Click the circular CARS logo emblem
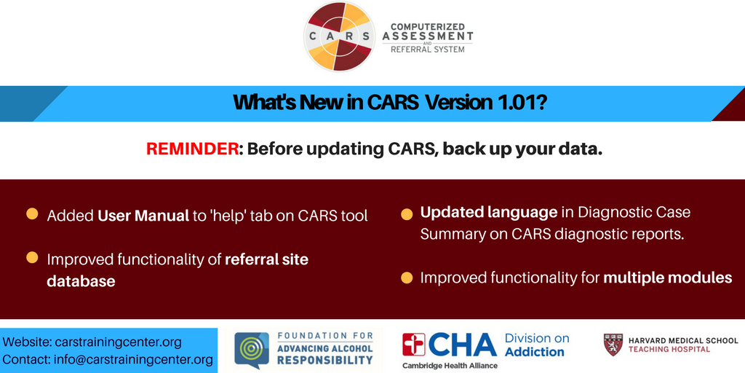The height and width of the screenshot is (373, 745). click(x=339, y=36)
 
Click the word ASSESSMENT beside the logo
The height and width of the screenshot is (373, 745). click(x=428, y=36)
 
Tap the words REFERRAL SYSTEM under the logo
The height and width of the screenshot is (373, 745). click(x=428, y=49)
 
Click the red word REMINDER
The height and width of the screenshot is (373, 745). click(x=192, y=149)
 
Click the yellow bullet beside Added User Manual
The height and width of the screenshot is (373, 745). click(x=32, y=213)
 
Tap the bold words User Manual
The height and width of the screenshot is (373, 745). click(x=143, y=216)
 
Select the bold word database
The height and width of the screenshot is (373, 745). click(x=81, y=280)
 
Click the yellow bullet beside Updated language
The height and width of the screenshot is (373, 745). click(x=406, y=214)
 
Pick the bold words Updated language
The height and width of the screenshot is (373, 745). click(x=488, y=213)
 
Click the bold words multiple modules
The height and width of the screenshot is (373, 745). click(x=668, y=278)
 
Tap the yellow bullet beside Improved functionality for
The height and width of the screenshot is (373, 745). click(x=406, y=278)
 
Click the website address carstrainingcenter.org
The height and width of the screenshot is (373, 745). click(x=119, y=342)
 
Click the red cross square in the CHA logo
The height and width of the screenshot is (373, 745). click(x=414, y=345)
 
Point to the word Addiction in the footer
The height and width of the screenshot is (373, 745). click(x=535, y=352)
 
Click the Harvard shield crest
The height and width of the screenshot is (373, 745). click(x=613, y=345)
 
